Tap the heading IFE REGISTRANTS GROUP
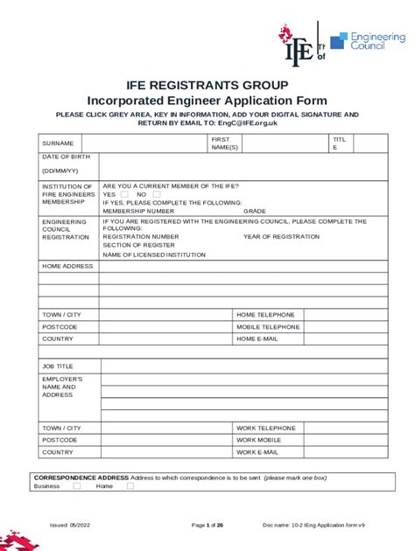pyautogui.click(x=207, y=85)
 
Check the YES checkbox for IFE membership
pyautogui.click(x=124, y=194)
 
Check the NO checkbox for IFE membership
pyautogui.click(x=157, y=194)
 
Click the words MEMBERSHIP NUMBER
pyautogui.click(x=138, y=211)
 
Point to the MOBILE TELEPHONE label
pyautogui.click(x=268, y=326)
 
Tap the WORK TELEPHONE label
pyautogui.click(x=266, y=428)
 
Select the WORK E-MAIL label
pyautogui.click(x=257, y=452)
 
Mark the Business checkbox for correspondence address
pyautogui.click(x=67, y=486)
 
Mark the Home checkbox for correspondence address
pyautogui.click(x=130, y=486)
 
